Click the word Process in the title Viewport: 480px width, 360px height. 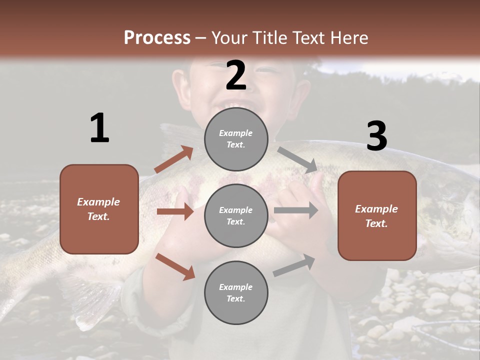[157, 37]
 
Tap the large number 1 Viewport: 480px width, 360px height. [99, 128]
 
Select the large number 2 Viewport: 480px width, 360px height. [236, 75]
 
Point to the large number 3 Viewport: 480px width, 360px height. [376, 136]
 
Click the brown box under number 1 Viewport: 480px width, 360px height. [99, 209]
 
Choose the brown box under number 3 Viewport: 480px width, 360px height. [377, 215]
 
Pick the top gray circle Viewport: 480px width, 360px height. [236, 139]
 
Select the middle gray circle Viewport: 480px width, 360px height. [236, 215]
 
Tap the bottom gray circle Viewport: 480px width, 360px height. [236, 292]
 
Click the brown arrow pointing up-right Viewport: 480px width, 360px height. [173, 159]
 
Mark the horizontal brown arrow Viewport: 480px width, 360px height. [174, 211]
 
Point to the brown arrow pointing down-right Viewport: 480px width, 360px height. [174, 266]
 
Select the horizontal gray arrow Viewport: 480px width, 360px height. [295, 210]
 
